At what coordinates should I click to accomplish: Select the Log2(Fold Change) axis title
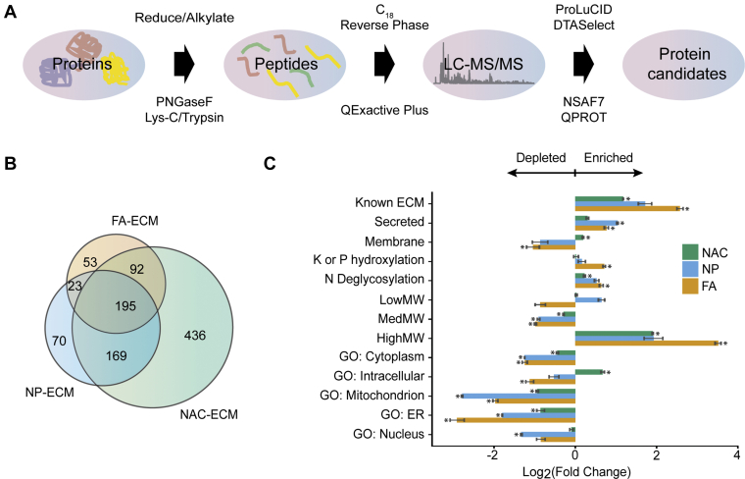pyautogui.click(x=574, y=471)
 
